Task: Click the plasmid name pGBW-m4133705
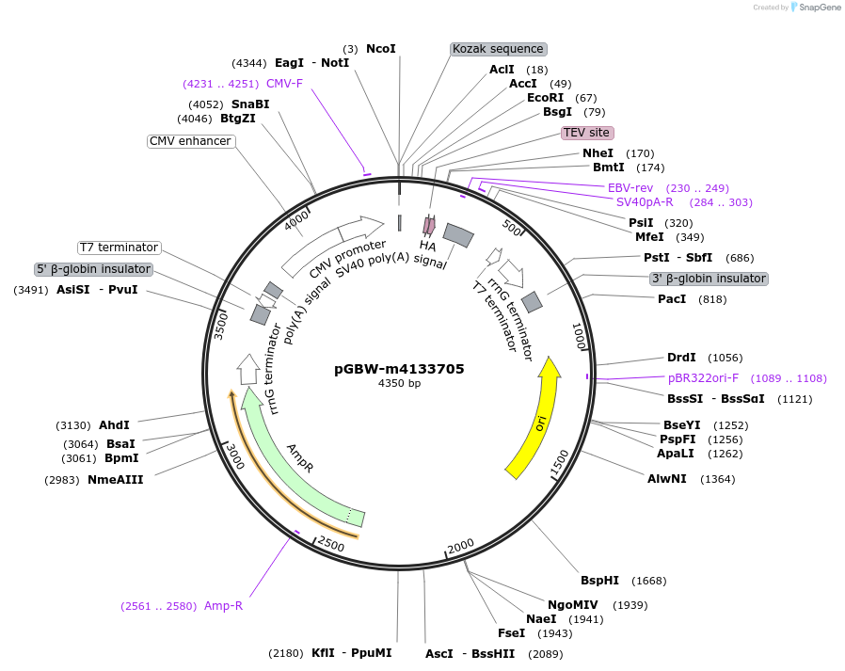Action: pos(399,369)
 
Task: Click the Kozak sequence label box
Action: pos(498,49)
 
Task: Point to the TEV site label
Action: pos(587,133)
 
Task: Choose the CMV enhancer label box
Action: pos(190,141)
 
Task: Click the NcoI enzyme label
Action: pos(380,49)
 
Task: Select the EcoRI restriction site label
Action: pos(545,98)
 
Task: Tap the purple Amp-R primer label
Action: pos(223,606)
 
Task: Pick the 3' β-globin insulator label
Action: pos(709,279)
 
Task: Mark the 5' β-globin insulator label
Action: pos(93,269)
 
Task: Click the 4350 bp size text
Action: pos(399,384)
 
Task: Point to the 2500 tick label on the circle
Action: pos(330,544)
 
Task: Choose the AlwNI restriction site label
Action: pos(666,479)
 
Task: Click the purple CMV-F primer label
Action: pos(284,84)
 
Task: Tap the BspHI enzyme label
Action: pos(599,581)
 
